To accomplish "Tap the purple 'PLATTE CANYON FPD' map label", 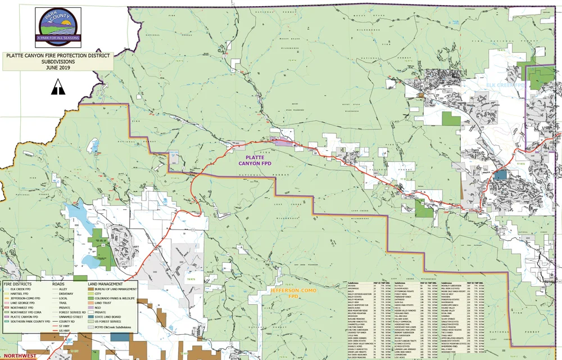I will pyautogui.click(x=251, y=160).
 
